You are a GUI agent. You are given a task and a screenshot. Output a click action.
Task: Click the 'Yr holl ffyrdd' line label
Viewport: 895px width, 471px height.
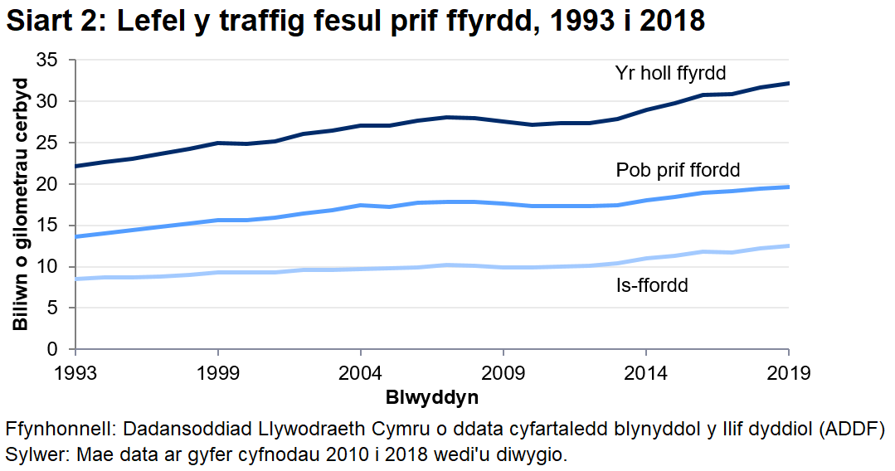pos(670,72)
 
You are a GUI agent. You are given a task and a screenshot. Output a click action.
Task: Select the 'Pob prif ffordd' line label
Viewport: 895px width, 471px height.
pos(678,171)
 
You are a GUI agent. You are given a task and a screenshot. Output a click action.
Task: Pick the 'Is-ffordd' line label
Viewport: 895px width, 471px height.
pos(652,286)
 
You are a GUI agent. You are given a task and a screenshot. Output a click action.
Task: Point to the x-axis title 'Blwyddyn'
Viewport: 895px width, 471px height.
pos(431,397)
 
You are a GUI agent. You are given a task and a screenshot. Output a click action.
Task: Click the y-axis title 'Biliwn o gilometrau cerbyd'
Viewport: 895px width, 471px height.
pos(22,204)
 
